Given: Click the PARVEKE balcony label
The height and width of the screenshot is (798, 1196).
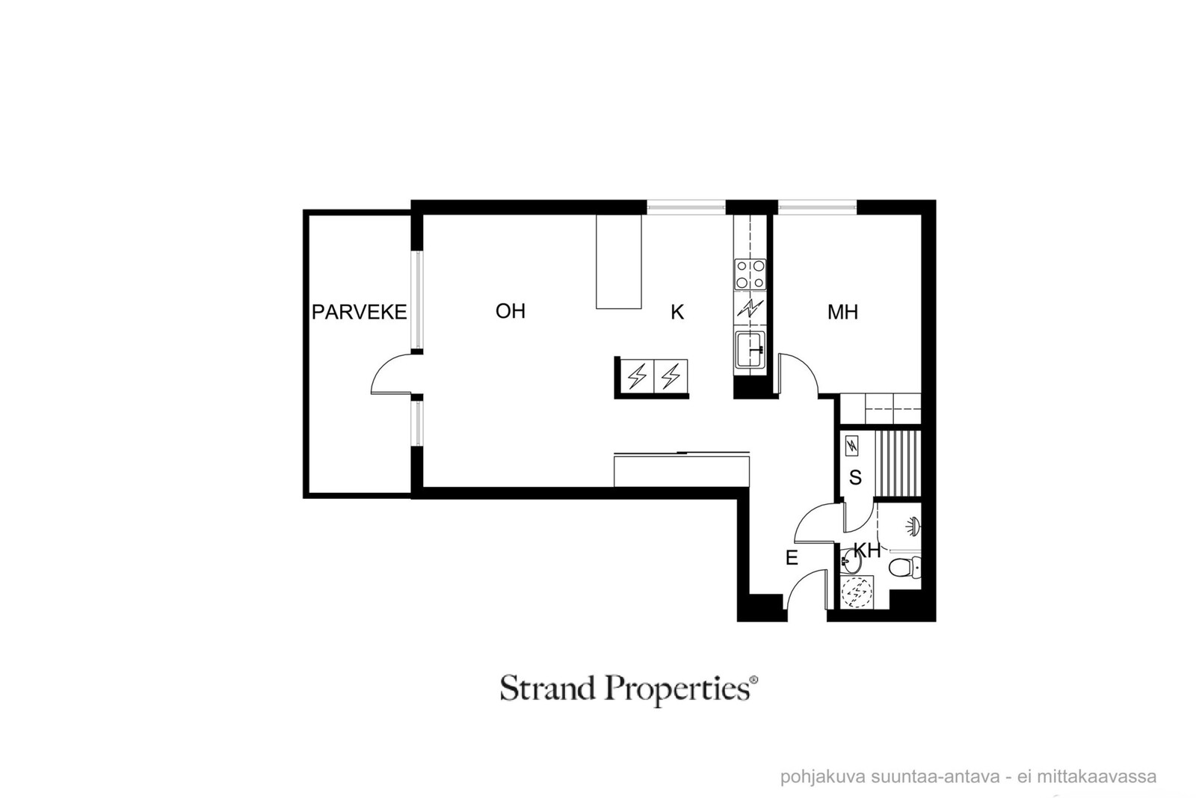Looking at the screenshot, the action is pyautogui.click(x=359, y=312).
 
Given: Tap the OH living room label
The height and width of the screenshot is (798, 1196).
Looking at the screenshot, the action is pyautogui.click(x=511, y=311).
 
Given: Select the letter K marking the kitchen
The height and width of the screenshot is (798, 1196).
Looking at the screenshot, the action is pyautogui.click(x=677, y=312).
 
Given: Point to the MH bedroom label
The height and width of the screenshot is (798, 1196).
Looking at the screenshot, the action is pyautogui.click(x=842, y=312).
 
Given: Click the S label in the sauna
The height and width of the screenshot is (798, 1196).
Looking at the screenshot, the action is pyautogui.click(x=855, y=477).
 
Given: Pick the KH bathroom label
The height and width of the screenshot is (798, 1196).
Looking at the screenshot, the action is pyautogui.click(x=867, y=550).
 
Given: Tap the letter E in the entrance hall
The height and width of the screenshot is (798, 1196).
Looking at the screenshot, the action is pyautogui.click(x=792, y=558).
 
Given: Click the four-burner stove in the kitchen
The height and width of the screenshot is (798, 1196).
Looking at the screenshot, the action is pyautogui.click(x=750, y=274).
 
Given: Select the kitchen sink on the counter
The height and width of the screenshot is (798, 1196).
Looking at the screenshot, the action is pyautogui.click(x=750, y=350).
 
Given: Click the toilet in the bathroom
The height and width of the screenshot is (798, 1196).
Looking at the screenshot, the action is pyautogui.click(x=905, y=567).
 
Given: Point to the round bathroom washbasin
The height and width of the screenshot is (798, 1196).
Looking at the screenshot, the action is pyautogui.click(x=850, y=562).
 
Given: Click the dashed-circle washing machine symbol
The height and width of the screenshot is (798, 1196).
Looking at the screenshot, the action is pyautogui.click(x=857, y=592).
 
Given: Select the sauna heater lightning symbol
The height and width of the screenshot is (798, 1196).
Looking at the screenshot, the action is pyautogui.click(x=852, y=446).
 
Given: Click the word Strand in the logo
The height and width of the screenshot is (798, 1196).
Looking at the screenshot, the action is pyautogui.click(x=548, y=688).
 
